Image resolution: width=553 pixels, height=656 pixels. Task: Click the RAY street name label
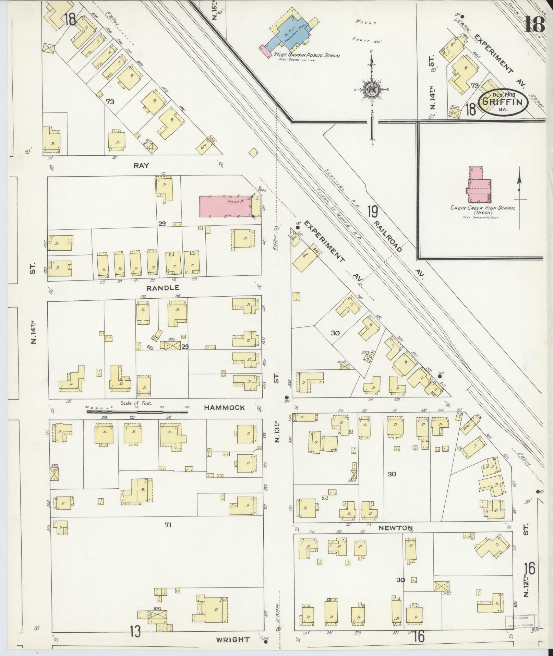click(x=141, y=165)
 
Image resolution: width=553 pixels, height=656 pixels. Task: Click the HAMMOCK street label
click(x=224, y=408)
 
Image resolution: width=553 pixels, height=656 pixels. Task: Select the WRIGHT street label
click(x=232, y=640)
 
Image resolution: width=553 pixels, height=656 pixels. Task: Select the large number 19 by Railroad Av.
click(x=373, y=212)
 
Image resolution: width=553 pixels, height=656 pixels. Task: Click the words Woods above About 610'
click(x=366, y=23)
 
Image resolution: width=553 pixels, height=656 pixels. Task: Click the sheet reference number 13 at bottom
click(x=135, y=631)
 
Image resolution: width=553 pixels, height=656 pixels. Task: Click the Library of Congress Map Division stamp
click(x=519, y=622)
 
